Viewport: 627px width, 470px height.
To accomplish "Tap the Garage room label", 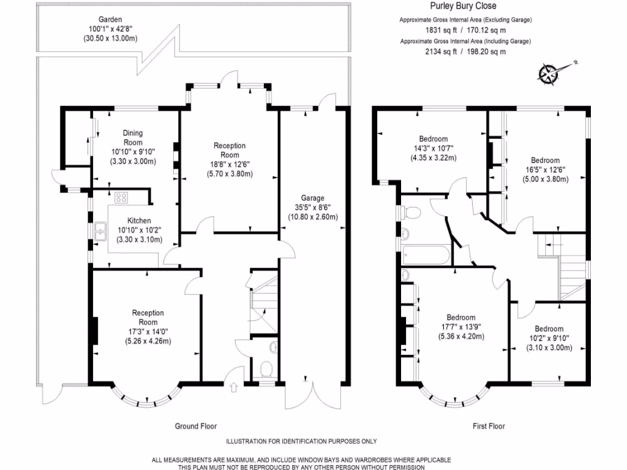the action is (x=313, y=198).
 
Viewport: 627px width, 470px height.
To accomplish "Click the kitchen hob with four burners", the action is (x=121, y=198).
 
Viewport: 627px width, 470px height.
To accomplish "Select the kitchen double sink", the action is (x=100, y=231).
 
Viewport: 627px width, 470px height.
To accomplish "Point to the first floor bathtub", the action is (x=426, y=255).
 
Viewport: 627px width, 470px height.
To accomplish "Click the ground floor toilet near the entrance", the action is (x=266, y=369).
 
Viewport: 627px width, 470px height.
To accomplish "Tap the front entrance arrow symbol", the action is (x=234, y=387).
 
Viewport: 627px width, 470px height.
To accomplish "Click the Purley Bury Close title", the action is (x=463, y=6).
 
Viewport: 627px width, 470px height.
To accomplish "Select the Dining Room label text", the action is (x=133, y=138).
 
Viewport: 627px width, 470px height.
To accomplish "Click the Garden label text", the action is (x=110, y=19).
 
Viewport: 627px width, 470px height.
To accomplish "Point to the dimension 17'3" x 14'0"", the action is (x=148, y=332).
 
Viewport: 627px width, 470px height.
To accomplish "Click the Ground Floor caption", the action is (x=196, y=427).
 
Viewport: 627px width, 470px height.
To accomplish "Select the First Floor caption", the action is (x=489, y=427).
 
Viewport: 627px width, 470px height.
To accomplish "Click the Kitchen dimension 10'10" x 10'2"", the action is (x=139, y=230).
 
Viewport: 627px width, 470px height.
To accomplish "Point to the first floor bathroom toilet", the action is (x=412, y=212).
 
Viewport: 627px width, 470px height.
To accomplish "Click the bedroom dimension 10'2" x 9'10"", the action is (x=549, y=338).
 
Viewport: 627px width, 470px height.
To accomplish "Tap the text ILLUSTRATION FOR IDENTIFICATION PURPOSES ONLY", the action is (x=301, y=442).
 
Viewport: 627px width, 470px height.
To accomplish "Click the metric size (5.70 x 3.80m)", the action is (x=230, y=174).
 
